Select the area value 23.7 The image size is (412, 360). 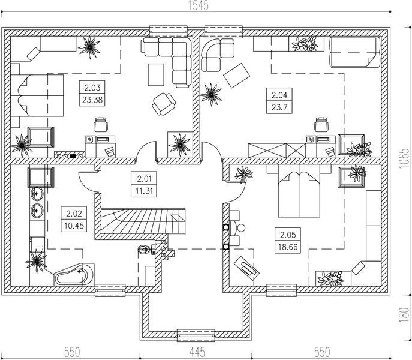coord(279,106)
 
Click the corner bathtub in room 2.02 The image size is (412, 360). coord(74,274)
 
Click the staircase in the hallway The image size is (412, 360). coord(143,219)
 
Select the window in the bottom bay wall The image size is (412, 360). coord(196,332)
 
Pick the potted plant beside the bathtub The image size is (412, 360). coord(37,259)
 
